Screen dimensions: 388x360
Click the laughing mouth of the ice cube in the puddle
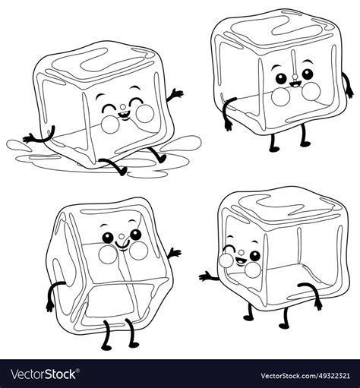click(x=121, y=115)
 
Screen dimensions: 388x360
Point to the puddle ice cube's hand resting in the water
click(x=29, y=139)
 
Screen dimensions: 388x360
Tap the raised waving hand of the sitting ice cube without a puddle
click(x=175, y=253)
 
